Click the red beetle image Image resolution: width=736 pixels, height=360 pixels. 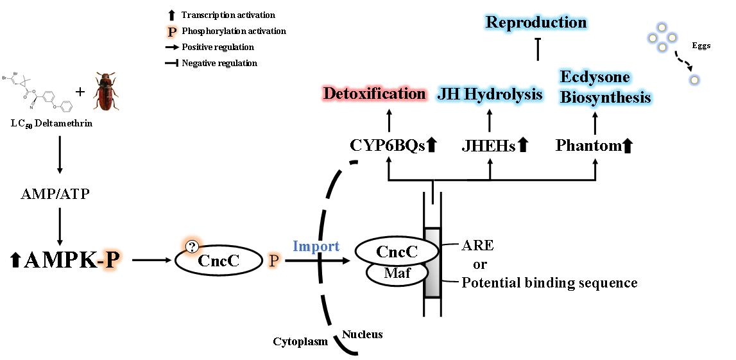coord(105,92)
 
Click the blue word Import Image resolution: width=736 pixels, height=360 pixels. coord(316,246)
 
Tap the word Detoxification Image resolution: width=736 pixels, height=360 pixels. coord(375,94)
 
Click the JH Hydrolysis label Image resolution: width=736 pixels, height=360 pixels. coord(490,94)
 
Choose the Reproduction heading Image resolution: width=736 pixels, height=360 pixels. coord(536,22)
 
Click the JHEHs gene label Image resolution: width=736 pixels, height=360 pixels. coord(489,146)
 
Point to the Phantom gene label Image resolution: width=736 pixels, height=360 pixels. coord(588,146)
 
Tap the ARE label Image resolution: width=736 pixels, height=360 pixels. coord(477,246)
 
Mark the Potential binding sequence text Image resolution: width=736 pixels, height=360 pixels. coord(550,282)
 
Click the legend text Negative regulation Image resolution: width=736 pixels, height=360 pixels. coord(219,63)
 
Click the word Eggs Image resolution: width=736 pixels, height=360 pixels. coord(701,46)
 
